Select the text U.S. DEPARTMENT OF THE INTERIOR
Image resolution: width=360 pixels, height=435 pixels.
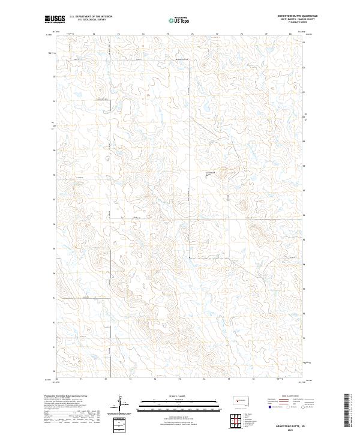(x=91, y=17)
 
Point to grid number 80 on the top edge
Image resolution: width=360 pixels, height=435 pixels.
(x=290, y=34)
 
